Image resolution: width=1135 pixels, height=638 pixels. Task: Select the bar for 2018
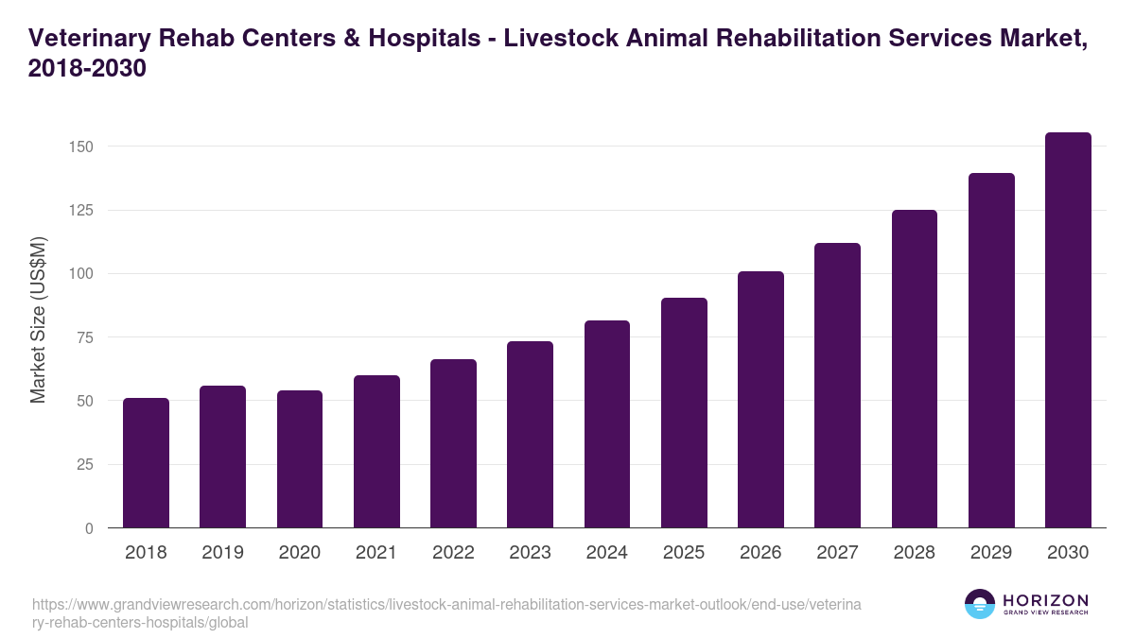pyautogui.click(x=146, y=463)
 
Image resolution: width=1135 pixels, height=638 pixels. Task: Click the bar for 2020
pyautogui.click(x=300, y=459)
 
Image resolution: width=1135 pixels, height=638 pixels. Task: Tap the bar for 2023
pyautogui.click(x=530, y=435)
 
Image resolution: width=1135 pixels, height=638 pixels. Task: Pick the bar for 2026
pyautogui.click(x=760, y=400)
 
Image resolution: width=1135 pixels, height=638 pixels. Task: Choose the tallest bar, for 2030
pyautogui.click(x=1068, y=331)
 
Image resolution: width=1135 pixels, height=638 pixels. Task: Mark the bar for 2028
pyautogui.click(x=914, y=370)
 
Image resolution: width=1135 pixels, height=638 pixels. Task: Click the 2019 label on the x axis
pyautogui.click(x=222, y=553)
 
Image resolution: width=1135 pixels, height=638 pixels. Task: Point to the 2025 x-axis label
pyautogui.click(x=684, y=553)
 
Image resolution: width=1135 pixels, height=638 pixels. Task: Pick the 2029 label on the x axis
pyautogui.click(x=991, y=553)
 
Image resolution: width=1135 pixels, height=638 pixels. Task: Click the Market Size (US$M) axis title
pyautogui.click(x=38, y=319)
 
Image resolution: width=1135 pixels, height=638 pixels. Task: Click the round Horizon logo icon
pyautogui.click(x=980, y=604)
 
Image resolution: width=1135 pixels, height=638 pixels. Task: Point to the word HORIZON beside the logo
pyautogui.click(x=1045, y=600)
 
